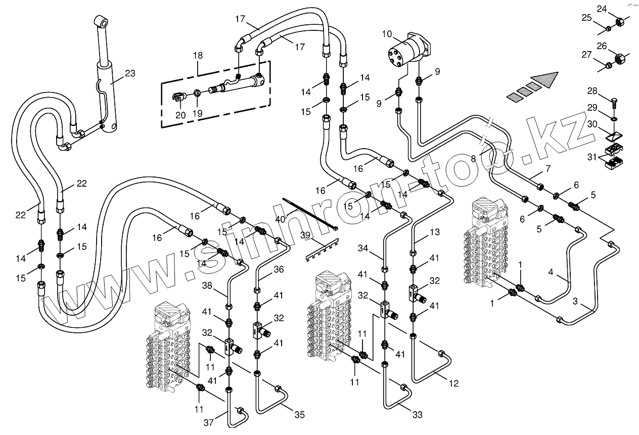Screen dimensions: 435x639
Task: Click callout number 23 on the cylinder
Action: click(x=130, y=73)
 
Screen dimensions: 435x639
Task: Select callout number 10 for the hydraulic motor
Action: click(x=387, y=34)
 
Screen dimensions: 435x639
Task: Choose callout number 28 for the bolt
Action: click(x=592, y=92)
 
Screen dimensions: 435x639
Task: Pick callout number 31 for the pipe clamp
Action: click(x=591, y=157)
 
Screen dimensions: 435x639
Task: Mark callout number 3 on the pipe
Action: click(x=575, y=302)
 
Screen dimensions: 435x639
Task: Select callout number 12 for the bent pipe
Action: click(x=453, y=384)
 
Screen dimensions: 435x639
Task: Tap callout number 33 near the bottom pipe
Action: click(x=417, y=415)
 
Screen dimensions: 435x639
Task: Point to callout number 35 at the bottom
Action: click(x=299, y=415)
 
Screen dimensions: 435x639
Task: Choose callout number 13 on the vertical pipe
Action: click(x=435, y=233)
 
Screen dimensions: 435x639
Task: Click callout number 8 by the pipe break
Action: click(x=473, y=158)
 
